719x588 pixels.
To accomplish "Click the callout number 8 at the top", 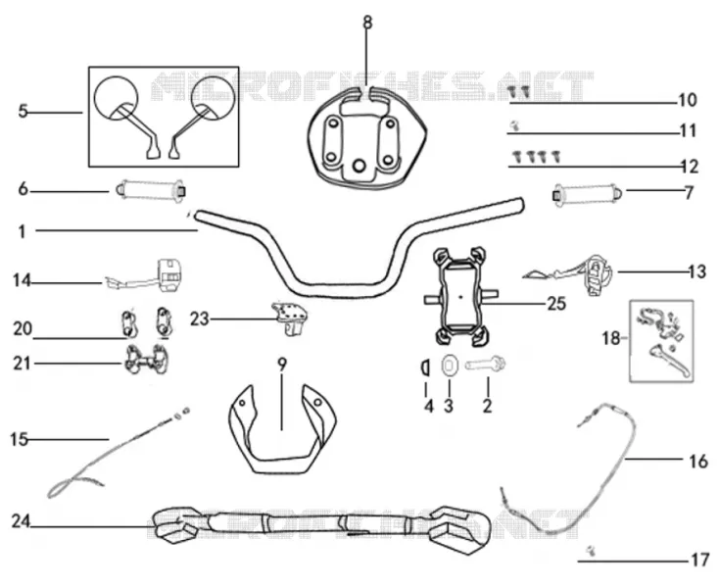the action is pos(367,22).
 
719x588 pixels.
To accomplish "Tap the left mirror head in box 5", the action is pos(116,98).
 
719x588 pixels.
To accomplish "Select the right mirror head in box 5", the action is pos(214,98).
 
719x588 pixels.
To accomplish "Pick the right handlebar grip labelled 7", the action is pos(588,193).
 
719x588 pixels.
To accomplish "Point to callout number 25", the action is pos(556,304).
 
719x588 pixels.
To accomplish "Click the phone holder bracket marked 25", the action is pos(460,297).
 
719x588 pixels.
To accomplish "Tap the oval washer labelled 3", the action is pos(449,366).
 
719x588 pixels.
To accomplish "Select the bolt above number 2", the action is pos(485,366).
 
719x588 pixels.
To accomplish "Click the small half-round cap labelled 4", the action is pos(424,367).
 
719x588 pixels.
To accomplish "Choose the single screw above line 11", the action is pos(515,124).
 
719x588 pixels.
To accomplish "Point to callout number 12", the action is pos(689,166).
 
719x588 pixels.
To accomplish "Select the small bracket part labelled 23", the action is pos(289,318).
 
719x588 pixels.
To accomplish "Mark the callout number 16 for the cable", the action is pos(697,461).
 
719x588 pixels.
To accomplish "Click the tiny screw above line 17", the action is pos(591,552).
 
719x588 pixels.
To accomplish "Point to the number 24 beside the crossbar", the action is pos(21,521).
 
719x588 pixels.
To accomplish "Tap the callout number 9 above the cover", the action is pos(282,365).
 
